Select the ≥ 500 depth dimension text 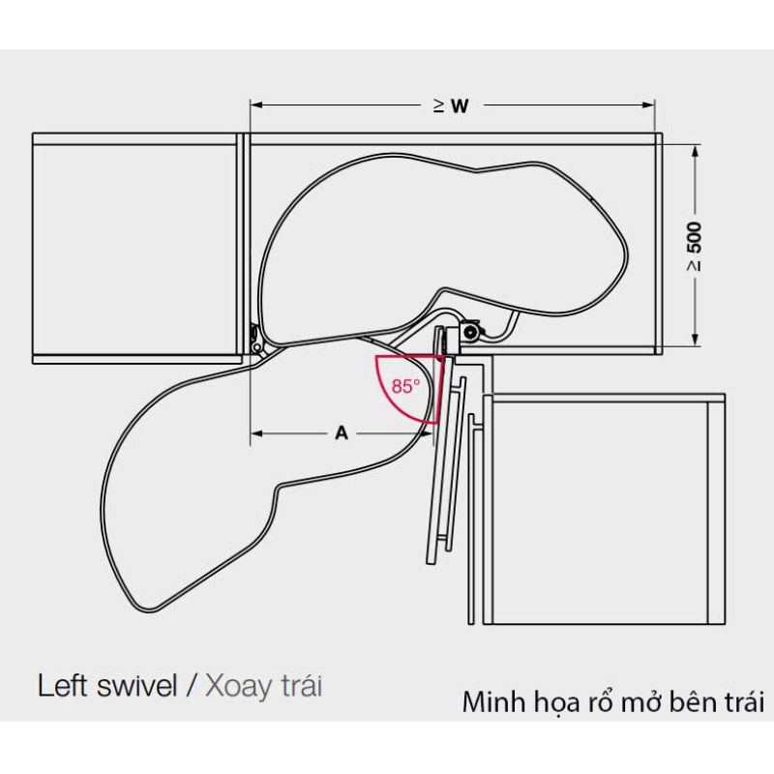695,246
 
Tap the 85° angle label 405,385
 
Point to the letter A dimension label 341,434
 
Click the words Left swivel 107,687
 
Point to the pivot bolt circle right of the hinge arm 469,333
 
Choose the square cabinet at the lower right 600,508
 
